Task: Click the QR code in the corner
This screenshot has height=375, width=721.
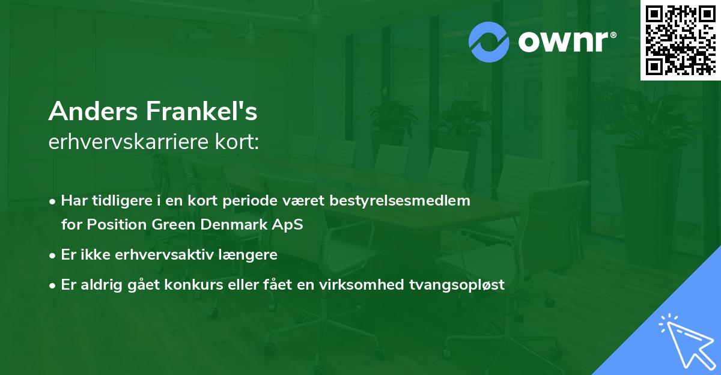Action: [x=680, y=40]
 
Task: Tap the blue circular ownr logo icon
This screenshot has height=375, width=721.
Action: [x=488, y=41]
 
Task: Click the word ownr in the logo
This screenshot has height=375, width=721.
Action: [x=564, y=41]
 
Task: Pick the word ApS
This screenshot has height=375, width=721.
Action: [x=289, y=225]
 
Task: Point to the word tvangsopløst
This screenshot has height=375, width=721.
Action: [x=466, y=285]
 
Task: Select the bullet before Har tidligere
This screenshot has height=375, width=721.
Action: [x=53, y=201]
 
